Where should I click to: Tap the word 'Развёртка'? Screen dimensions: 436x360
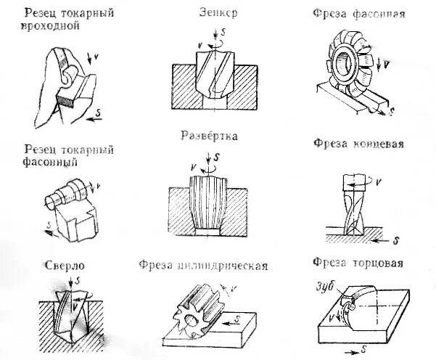tap(210, 136)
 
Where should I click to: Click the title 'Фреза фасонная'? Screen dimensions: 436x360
tap(353, 14)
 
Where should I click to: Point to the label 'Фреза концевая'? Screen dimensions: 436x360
tap(358, 143)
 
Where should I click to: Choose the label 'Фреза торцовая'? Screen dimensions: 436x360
tap(358, 262)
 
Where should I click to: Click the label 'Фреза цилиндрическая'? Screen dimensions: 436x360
tap(203, 266)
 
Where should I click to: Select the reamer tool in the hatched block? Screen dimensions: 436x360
tap(209, 204)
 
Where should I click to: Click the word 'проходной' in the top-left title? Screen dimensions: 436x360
tap(52, 26)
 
